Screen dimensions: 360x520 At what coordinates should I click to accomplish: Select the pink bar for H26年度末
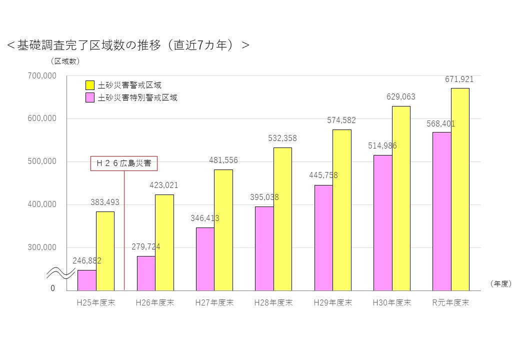(x=146, y=273)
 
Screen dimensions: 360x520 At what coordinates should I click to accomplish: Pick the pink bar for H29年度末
(x=323, y=237)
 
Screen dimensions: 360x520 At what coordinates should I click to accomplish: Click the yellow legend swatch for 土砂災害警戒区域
(x=90, y=85)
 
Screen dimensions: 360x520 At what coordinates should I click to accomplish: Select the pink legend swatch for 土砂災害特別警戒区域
(x=90, y=97)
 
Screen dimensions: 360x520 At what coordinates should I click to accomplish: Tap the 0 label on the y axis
(x=52, y=288)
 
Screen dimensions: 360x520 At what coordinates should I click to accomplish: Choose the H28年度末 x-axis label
(x=273, y=303)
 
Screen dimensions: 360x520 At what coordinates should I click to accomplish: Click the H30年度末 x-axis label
(x=392, y=303)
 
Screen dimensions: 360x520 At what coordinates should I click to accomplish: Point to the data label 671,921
(x=459, y=79)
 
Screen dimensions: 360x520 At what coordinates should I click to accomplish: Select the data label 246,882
(x=87, y=261)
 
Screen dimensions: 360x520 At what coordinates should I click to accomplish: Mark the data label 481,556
(x=223, y=160)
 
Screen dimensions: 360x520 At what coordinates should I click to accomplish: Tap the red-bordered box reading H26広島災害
(x=124, y=163)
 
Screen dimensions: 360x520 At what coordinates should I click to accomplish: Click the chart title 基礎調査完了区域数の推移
(x=127, y=45)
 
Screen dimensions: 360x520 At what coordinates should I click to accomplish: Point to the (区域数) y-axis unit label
(x=65, y=61)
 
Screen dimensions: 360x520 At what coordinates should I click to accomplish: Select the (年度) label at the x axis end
(x=500, y=283)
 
